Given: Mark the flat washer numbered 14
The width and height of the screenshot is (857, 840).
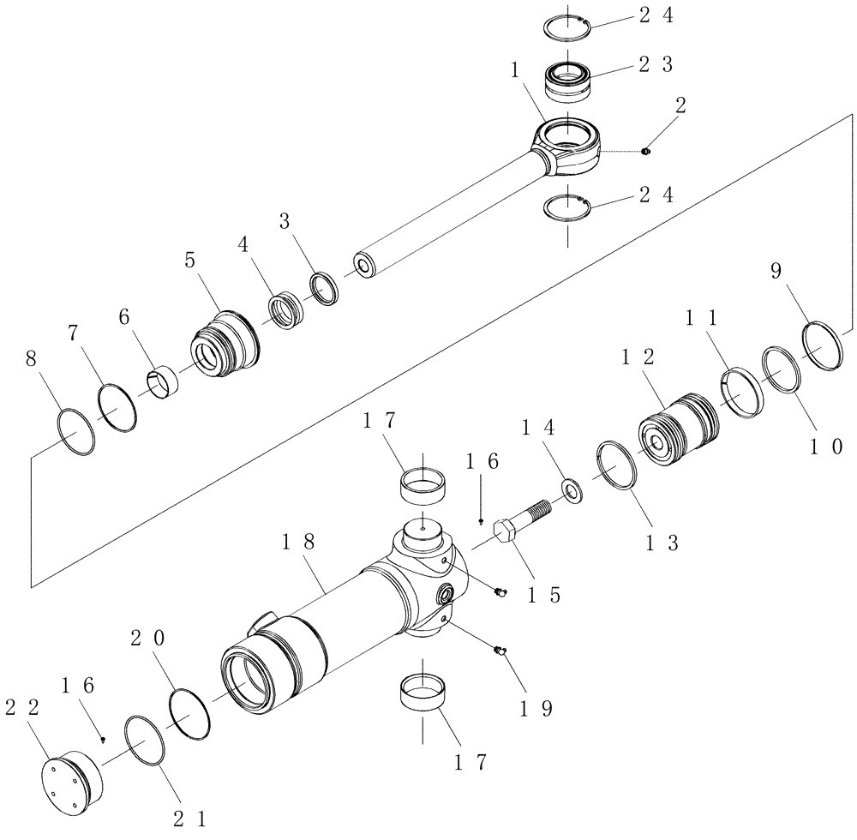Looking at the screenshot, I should click(570, 489).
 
